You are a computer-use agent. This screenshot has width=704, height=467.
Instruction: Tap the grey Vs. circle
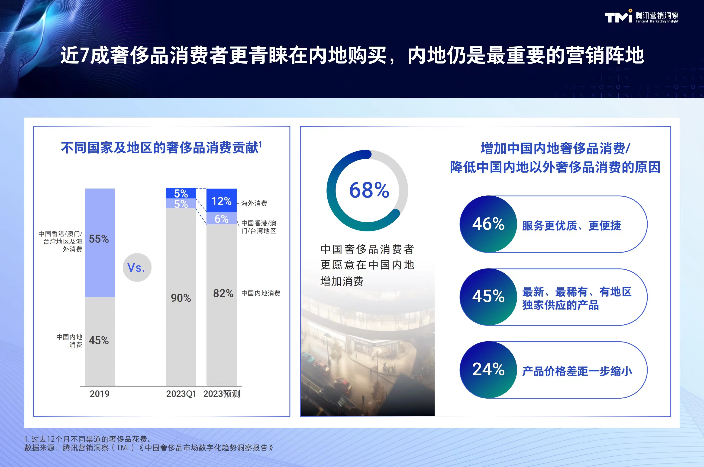click(137, 267)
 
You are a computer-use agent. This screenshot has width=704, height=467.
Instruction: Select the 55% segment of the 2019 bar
click(100, 243)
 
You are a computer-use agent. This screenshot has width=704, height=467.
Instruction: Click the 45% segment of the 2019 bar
click(100, 341)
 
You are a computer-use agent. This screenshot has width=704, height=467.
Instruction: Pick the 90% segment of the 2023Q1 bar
click(181, 297)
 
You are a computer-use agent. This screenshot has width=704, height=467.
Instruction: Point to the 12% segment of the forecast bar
click(221, 200)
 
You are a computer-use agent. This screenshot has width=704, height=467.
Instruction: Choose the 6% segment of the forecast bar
click(221, 218)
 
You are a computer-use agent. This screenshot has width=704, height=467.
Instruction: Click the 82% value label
click(223, 293)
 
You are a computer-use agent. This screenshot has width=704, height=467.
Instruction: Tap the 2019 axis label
click(100, 394)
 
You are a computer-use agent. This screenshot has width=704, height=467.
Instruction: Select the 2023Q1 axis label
click(181, 394)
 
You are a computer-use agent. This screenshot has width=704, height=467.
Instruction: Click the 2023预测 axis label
click(222, 394)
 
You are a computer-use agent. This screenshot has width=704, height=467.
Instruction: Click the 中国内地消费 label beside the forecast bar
click(261, 293)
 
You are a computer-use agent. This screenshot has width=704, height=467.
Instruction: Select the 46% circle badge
click(488, 224)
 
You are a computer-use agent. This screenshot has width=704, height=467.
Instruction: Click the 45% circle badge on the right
click(488, 297)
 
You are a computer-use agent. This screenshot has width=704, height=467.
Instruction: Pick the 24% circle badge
click(488, 370)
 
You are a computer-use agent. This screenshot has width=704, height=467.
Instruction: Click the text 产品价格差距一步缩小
click(577, 371)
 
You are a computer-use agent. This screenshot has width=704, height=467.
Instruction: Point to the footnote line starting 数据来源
click(149, 448)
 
